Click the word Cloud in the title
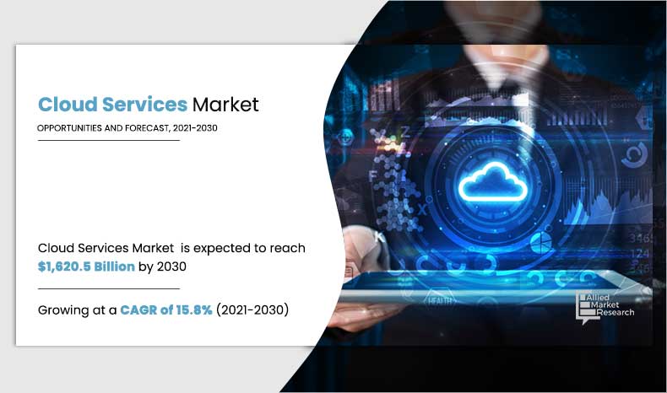67,105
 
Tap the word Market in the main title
225,105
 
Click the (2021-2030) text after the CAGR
252,310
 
